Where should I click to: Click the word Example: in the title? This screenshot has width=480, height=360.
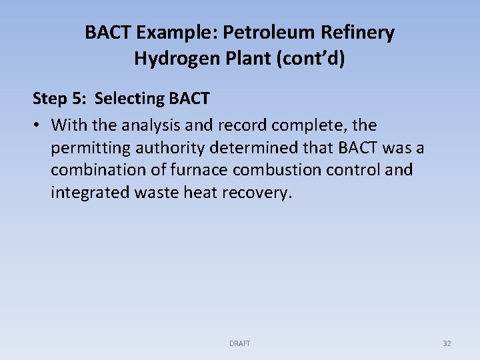pos(183,33)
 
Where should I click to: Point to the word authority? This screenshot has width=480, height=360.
pos(164,147)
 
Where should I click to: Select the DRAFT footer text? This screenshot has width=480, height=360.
pos(239,343)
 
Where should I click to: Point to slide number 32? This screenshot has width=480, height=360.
pos(447,343)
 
